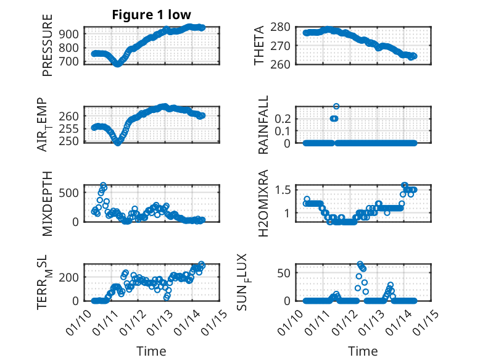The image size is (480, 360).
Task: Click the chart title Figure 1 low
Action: pos(152,15)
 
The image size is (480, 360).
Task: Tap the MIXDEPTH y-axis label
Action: pos(48,203)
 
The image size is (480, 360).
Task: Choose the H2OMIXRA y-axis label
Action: pos(260,203)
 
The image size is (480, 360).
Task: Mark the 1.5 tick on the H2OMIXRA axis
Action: pos(285,189)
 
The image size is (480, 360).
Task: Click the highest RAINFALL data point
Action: pos(336,106)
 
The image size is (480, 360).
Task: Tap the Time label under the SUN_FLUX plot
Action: pos(363,351)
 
